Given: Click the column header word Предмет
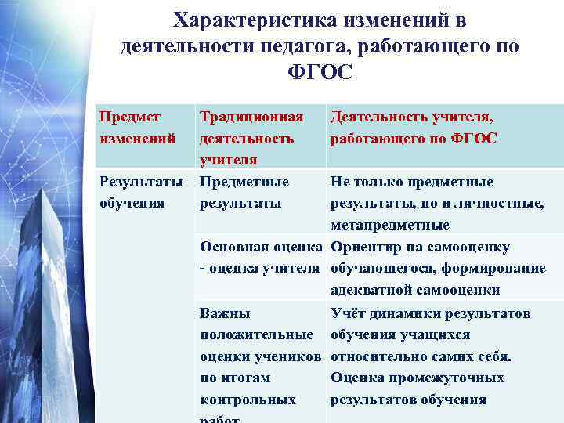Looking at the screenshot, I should click(129, 117).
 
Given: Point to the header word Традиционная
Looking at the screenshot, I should click(251, 117).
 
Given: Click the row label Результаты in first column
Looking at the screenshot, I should click(140, 182).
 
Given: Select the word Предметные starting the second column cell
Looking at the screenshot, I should click(244, 182).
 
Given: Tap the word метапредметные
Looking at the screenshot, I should click(390, 226).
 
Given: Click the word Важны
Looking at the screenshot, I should click(225, 313).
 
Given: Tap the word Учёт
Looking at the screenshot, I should click(347, 313).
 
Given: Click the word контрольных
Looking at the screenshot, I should click(248, 400).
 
